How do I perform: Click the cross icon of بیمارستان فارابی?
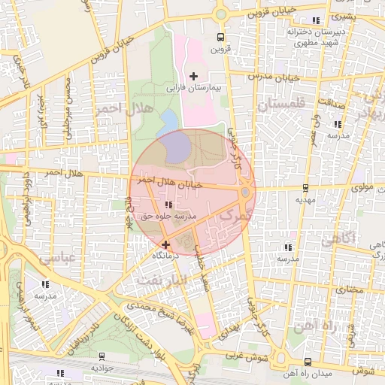point(194,76)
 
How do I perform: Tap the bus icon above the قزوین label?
point(220,37)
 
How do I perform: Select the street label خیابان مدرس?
point(276,77)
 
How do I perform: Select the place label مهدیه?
point(304,201)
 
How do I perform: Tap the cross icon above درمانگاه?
point(165,244)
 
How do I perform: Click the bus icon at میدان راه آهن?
point(307,362)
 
